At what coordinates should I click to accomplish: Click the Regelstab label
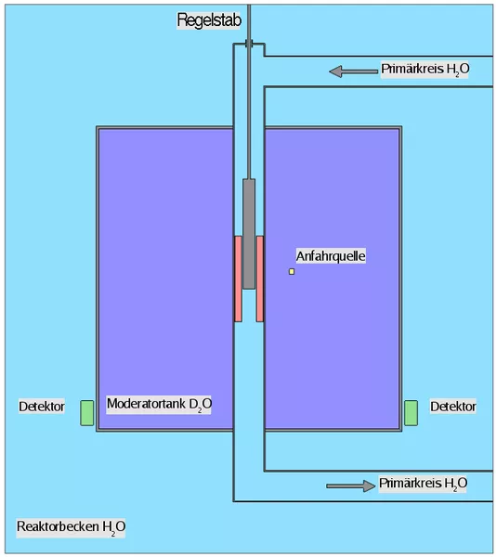pos(209,19)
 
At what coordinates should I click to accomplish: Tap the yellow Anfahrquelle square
pos(292,271)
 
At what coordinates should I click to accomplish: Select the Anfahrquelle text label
pos(331,256)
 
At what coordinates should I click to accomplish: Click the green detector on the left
pos(86,413)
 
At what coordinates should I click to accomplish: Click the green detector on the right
pos(411,413)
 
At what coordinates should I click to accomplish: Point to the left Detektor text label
pos(42,407)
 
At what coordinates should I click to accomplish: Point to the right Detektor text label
pos(453,407)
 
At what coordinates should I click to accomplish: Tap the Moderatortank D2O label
pos(159,404)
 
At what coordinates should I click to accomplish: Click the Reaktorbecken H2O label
pos(72,527)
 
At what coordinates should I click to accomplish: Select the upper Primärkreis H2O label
pos(424,70)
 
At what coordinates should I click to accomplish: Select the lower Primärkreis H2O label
pos(423,484)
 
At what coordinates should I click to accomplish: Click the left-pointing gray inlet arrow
pos(354,71)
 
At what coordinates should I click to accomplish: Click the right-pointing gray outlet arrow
pos(351,486)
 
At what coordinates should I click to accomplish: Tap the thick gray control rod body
pos(249,234)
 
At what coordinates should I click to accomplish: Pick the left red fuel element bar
pos(238,278)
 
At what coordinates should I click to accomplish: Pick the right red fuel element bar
pos(260,278)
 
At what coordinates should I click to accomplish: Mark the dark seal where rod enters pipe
pos(249,44)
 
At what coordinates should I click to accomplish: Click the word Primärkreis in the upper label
pos(412,69)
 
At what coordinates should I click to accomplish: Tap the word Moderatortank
pos(146,404)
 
